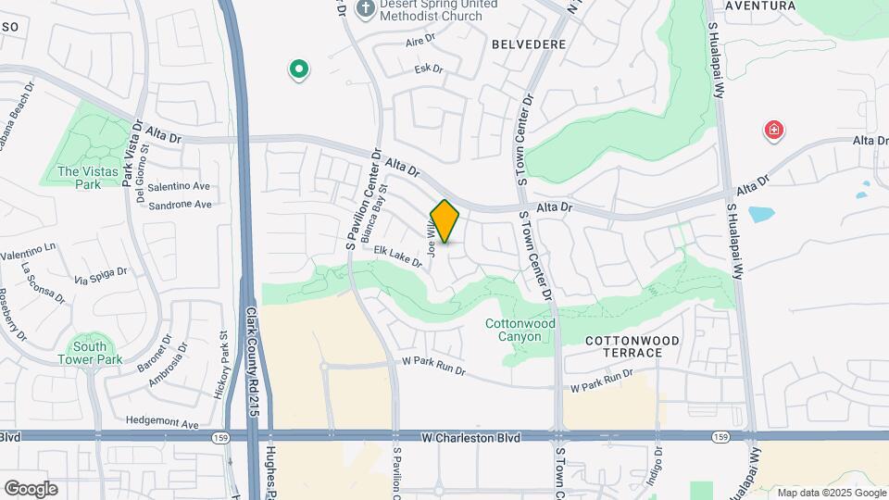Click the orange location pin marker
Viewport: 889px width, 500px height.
(445, 221)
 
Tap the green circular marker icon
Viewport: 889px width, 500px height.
(298, 69)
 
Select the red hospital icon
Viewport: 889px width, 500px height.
(773, 131)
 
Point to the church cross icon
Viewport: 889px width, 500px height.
(365, 9)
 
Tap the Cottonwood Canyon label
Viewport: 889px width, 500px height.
(520, 331)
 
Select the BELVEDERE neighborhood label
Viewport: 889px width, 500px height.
(529, 44)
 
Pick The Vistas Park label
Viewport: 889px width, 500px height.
(79, 178)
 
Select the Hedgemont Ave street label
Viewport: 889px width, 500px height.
(163, 424)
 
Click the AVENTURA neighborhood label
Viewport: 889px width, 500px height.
(759, 6)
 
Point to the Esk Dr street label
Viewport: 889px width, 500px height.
(430, 69)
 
